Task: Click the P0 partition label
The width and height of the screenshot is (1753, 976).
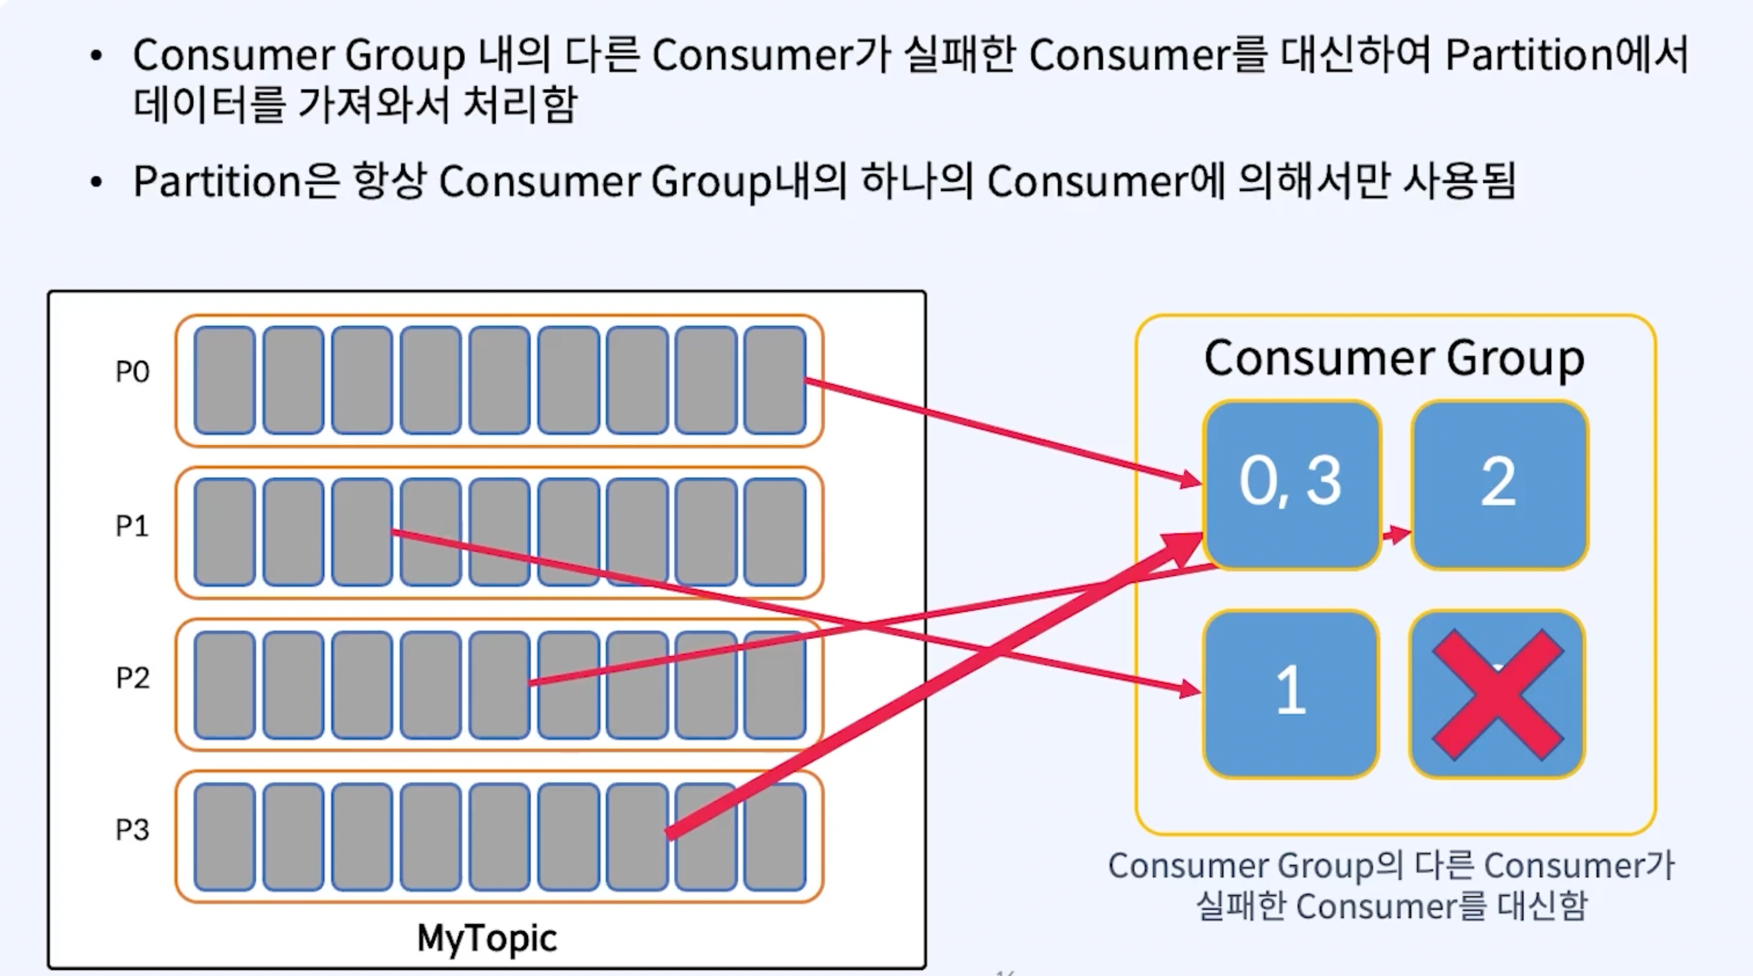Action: [x=132, y=372]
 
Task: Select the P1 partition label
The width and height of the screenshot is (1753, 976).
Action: [x=132, y=526]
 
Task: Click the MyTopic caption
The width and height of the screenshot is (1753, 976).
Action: [x=487, y=938]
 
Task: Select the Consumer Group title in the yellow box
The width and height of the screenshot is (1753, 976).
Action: [x=1394, y=359]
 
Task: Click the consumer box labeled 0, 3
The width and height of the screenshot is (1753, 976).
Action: [x=1291, y=483]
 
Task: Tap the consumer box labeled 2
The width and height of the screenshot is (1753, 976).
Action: [x=1499, y=483]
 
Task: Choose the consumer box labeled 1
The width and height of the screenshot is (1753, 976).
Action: [x=1291, y=693]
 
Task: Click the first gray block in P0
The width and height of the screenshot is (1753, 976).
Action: [x=225, y=380]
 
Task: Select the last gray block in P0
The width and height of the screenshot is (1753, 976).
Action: [x=775, y=380]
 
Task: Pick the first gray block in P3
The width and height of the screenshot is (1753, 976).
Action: [x=225, y=836]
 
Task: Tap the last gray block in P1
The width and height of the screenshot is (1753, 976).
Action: [x=775, y=531]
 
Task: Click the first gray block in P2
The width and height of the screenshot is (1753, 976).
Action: [x=225, y=684]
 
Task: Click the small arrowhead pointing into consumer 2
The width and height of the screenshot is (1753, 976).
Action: [x=1399, y=534]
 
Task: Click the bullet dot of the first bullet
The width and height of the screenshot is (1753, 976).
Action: [x=96, y=56]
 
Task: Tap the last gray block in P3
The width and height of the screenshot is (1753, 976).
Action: [x=775, y=836]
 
